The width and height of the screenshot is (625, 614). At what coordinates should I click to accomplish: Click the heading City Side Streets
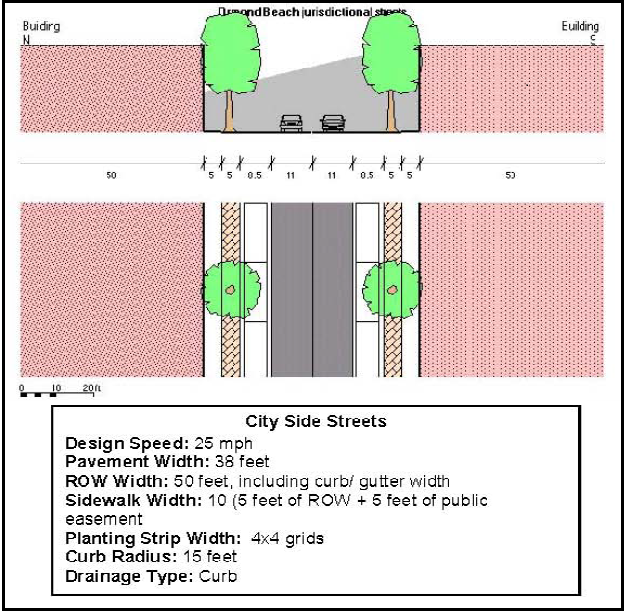click(x=315, y=421)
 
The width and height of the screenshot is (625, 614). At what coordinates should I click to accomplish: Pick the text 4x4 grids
click(x=288, y=538)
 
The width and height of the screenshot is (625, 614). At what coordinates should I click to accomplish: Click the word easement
click(x=103, y=518)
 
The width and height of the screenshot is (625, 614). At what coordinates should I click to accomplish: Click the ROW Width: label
click(x=109, y=480)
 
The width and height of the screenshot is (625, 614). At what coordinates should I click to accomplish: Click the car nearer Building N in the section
click(x=291, y=123)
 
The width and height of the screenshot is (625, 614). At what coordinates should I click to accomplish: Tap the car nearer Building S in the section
click(x=333, y=123)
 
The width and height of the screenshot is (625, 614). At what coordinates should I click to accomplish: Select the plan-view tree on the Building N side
click(x=231, y=289)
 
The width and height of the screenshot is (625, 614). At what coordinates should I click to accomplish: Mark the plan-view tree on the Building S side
click(x=393, y=289)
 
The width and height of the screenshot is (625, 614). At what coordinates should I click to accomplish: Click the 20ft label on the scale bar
click(x=91, y=387)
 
